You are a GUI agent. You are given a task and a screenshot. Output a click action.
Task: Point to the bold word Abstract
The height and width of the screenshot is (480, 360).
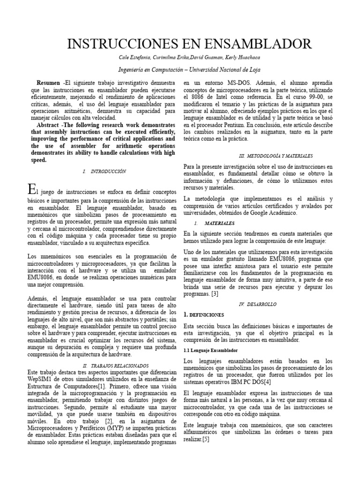49,125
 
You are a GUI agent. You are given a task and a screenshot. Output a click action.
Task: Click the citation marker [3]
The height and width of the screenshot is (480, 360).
215,294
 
